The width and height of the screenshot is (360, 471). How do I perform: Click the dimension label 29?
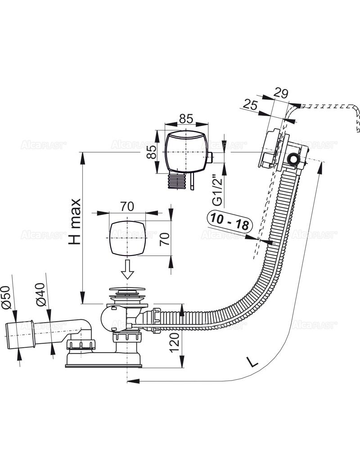tap(281, 94)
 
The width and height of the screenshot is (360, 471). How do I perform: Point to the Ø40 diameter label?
tap(40, 295)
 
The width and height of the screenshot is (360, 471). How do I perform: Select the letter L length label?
tap(254, 361)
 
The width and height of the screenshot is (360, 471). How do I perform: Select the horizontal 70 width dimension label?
tap(127, 207)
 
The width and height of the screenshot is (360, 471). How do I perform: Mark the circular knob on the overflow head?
tap(294, 159)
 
